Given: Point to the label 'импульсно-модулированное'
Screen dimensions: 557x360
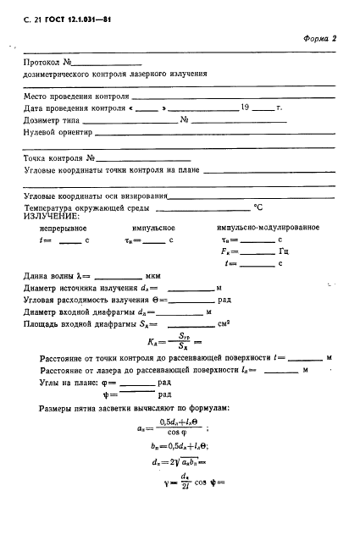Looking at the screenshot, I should (x=268, y=229).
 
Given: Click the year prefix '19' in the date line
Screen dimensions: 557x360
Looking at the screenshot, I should (x=245, y=108).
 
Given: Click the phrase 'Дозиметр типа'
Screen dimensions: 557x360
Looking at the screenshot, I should (x=50, y=120).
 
